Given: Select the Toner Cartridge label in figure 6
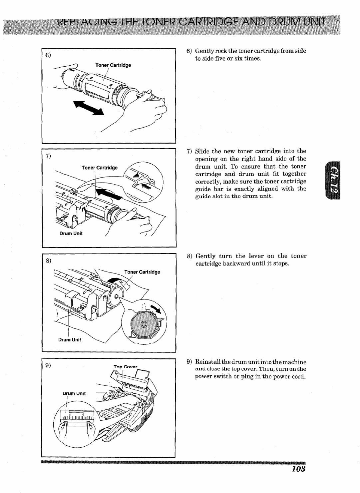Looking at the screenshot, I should (x=113, y=65).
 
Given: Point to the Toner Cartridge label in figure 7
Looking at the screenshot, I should (x=100, y=168).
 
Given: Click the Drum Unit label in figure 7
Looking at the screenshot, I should (x=71, y=233).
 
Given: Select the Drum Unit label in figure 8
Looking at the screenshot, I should (x=70, y=340).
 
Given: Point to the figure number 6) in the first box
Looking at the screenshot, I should (x=48, y=55).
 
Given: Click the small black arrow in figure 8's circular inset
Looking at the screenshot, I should (x=156, y=309).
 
